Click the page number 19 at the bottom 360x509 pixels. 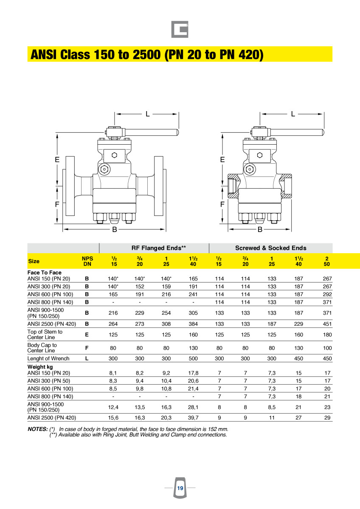point(180,488)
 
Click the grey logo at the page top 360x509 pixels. point(180,29)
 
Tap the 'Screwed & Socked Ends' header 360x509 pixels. point(270,248)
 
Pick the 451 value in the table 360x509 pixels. point(327,324)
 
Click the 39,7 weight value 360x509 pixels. point(193,418)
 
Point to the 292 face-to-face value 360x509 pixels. point(327,294)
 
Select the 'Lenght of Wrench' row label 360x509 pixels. point(48,358)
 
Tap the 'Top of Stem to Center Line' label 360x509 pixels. point(45,334)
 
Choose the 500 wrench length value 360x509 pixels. point(193,358)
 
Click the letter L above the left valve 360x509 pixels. point(147,114)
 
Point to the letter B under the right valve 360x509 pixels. point(260,229)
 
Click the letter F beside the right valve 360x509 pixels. point(222,204)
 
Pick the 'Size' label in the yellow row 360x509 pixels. point(34,261)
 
